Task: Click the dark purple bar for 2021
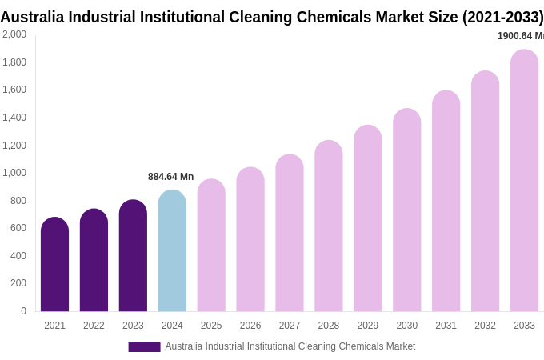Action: [x=54, y=265]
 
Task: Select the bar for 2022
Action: [x=94, y=261]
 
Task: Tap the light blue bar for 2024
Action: [x=172, y=251]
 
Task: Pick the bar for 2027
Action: [x=290, y=234]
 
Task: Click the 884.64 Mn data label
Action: [x=170, y=177]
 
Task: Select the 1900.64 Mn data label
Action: [x=520, y=36]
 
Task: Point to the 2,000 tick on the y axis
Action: [x=14, y=34]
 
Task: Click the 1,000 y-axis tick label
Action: [x=14, y=173]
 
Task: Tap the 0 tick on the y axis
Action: [x=23, y=311]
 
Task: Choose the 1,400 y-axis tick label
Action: [x=14, y=118]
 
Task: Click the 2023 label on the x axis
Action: [x=133, y=326]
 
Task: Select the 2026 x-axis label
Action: [x=250, y=326]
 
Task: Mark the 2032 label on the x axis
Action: [x=485, y=326]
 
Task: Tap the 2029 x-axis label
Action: [x=368, y=326]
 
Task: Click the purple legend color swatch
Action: [x=144, y=347]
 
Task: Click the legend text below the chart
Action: [x=290, y=346]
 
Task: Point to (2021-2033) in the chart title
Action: [x=502, y=17]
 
